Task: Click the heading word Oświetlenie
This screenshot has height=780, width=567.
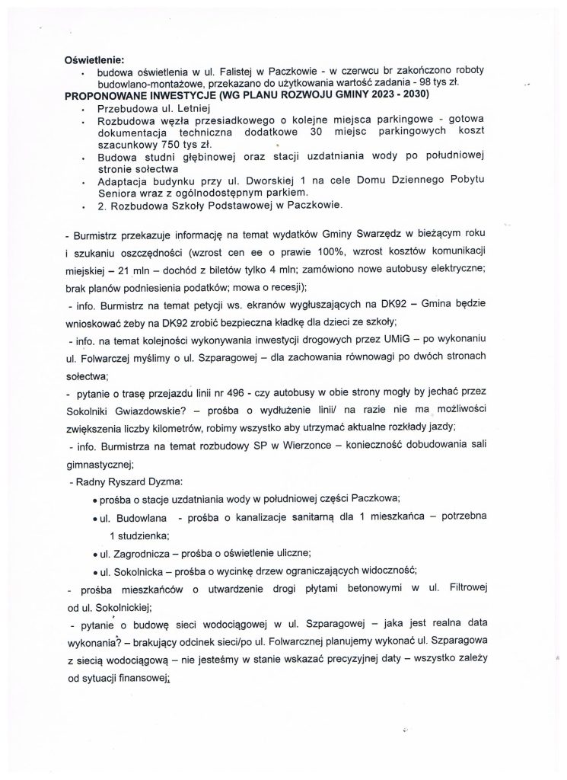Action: tap(94, 59)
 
